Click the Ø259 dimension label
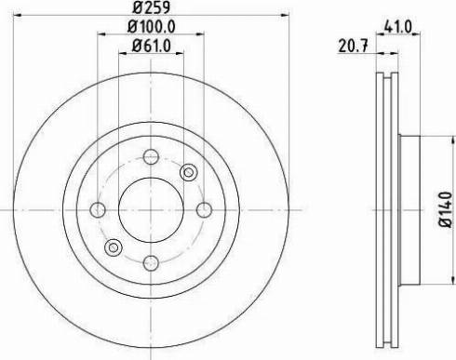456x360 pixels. click(x=152, y=7)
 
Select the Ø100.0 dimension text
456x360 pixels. click(x=152, y=27)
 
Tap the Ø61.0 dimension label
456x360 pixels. click(x=152, y=47)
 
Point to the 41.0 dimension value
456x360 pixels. click(x=398, y=27)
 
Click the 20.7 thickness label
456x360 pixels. click(x=353, y=47)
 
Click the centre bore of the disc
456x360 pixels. click(x=151, y=210)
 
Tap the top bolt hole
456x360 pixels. click(x=151, y=157)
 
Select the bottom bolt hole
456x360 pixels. click(x=151, y=263)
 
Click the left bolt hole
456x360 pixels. click(x=98, y=210)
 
